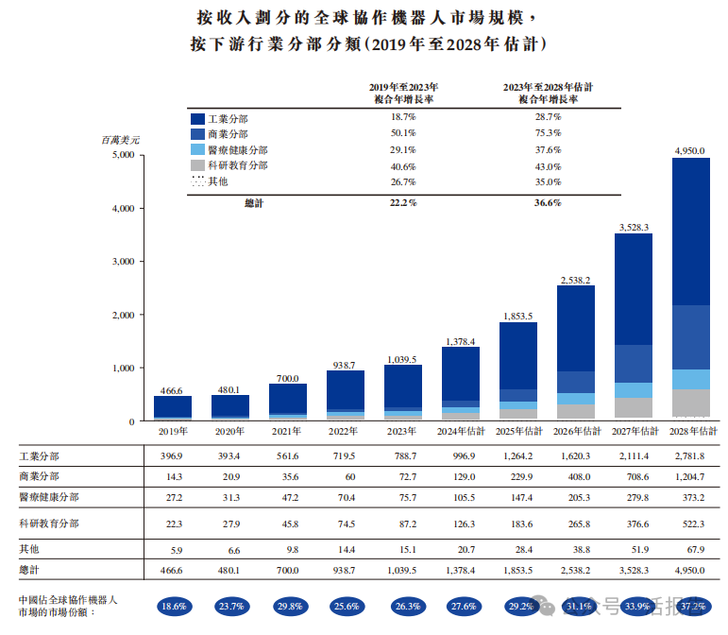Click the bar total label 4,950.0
coord(689,151)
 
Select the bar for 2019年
coord(173,408)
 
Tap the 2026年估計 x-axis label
coord(577,432)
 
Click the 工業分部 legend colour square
coord(197,119)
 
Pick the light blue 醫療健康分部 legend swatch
coord(197,149)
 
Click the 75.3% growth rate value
coord(548,133)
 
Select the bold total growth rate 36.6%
coord(548,203)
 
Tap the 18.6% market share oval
coord(174,607)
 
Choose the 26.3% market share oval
coord(408,607)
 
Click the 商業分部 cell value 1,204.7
coord(689,477)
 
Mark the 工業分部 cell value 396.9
coord(171,456)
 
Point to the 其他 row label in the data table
coord(28,550)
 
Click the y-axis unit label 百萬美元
coord(120,140)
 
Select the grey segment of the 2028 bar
coord(691,403)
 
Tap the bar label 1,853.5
coord(518,317)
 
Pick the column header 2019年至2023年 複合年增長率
coord(403,94)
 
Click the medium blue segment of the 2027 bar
coord(634,364)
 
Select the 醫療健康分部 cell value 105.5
coord(465,498)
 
